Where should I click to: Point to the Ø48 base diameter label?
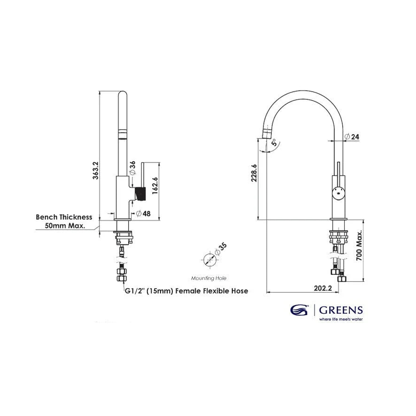(x=143, y=214)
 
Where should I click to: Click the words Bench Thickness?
(x=64, y=217)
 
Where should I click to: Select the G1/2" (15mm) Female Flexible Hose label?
(x=186, y=291)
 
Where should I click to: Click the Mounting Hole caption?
(x=209, y=278)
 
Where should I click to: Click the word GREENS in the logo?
(x=340, y=310)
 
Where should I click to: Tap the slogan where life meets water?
(x=341, y=319)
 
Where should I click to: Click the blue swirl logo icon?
(x=299, y=310)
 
